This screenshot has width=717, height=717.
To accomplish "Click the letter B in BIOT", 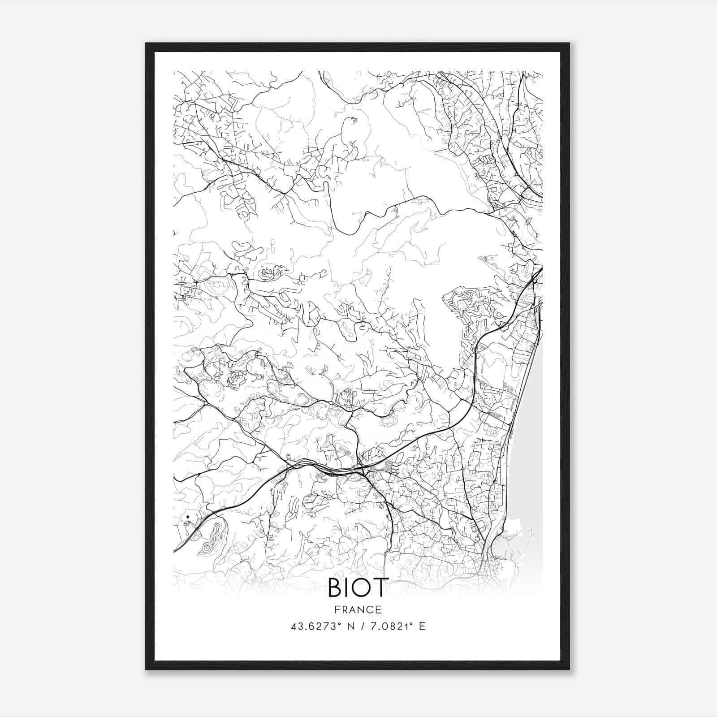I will tap(335, 588).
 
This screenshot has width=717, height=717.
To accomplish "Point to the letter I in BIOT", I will tap(347, 588).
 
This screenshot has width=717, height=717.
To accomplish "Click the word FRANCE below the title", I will tap(358, 610).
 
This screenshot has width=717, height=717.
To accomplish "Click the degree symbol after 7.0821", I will tap(410, 624).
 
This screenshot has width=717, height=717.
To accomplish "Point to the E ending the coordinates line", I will tap(422, 626).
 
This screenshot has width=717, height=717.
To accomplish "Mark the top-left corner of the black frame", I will tap(146, 43).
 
